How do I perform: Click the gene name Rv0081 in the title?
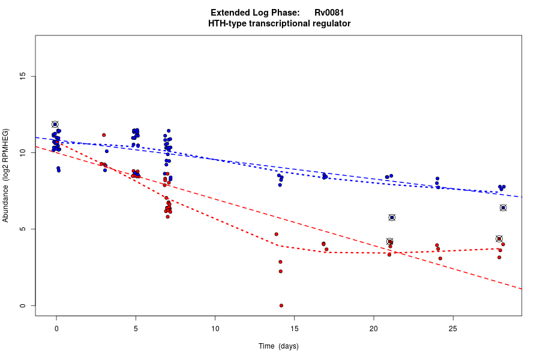[x=329, y=13]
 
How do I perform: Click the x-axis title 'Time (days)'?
[x=278, y=346]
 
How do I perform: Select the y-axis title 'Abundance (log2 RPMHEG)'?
[x=6, y=175]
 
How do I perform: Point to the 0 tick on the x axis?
[x=56, y=328]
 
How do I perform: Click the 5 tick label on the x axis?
[x=136, y=328]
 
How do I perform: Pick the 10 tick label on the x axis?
[x=215, y=328]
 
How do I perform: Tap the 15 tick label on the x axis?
[x=294, y=328]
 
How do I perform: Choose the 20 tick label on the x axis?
[x=373, y=328]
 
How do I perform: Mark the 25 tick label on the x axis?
[x=452, y=328]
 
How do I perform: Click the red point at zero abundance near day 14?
[x=281, y=305]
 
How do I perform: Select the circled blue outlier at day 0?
[x=55, y=124]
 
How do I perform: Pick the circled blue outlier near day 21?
[x=392, y=217]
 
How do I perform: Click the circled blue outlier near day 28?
[x=503, y=208]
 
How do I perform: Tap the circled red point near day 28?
[x=499, y=239]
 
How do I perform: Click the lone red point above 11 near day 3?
[x=104, y=135]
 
